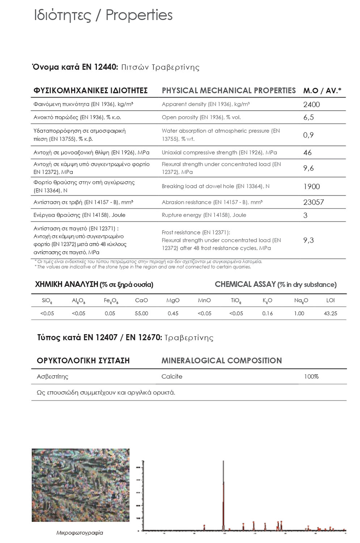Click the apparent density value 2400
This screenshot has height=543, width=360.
click(x=311, y=105)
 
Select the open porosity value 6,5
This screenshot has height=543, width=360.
click(x=308, y=117)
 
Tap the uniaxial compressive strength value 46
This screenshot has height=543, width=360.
click(x=307, y=152)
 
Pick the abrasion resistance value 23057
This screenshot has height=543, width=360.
click(x=313, y=202)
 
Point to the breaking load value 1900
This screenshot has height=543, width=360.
click(x=311, y=186)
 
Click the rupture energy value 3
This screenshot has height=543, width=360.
click(x=305, y=215)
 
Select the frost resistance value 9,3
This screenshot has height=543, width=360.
click(x=308, y=240)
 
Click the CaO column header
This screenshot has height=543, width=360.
click(x=141, y=300)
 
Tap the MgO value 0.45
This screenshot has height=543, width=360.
click(x=173, y=313)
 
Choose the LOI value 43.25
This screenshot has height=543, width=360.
click(x=330, y=313)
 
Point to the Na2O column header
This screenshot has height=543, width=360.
click(x=301, y=300)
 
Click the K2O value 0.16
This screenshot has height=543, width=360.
click(x=267, y=313)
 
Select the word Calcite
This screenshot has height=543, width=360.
click(x=171, y=376)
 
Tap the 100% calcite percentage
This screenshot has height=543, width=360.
click(x=311, y=376)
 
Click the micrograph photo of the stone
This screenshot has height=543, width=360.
click(x=80, y=485)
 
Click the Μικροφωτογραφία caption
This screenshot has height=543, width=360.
click(x=80, y=533)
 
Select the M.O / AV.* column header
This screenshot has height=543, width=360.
click(x=322, y=90)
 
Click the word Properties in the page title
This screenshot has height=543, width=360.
click(x=139, y=15)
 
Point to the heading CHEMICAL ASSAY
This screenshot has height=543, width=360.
click(x=245, y=285)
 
